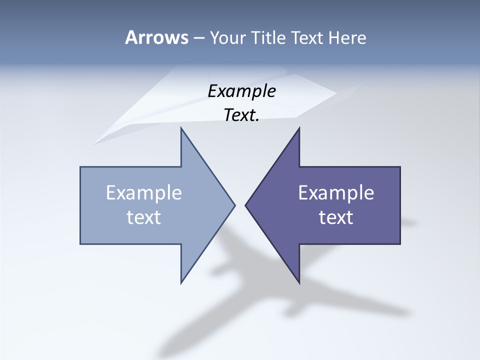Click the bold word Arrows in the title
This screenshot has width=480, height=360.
pyautogui.click(x=156, y=37)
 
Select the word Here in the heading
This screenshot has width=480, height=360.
pyautogui.click(x=347, y=38)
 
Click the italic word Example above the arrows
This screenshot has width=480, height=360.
pyautogui.click(x=242, y=91)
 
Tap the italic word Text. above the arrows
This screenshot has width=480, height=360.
pyautogui.click(x=242, y=115)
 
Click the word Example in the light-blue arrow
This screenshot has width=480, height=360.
pyautogui.click(x=144, y=192)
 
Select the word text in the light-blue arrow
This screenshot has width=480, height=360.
pyautogui.click(x=144, y=217)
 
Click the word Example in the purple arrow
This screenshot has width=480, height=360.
pyautogui.click(x=336, y=192)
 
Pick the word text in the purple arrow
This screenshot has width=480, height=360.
pyautogui.click(x=336, y=217)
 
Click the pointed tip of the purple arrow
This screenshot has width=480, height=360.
pyautogui.click(x=246, y=205)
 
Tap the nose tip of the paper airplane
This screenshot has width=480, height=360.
pyautogui.click(x=94, y=143)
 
